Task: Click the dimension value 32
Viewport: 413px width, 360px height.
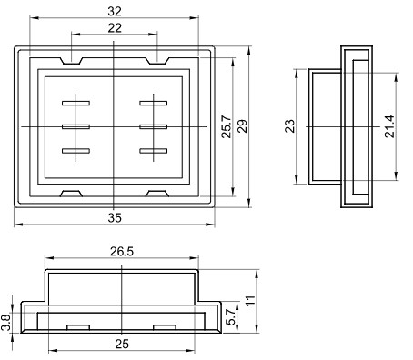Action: (x=115, y=12)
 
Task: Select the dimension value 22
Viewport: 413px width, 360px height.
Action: (x=115, y=28)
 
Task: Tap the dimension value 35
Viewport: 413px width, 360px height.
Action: (x=115, y=217)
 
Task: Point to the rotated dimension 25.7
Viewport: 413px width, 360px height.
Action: (x=227, y=126)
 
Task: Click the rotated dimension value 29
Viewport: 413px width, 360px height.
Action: (x=242, y=126)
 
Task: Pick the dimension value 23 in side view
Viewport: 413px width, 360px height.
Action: (x=290, y=126)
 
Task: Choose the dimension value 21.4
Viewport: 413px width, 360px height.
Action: (x=389, y=126)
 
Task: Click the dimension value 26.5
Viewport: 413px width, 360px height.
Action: (x=122, y=252)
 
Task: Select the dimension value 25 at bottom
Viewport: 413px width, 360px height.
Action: (x=122, y=344)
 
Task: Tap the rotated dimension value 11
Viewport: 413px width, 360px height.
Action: (x=250, y=301)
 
